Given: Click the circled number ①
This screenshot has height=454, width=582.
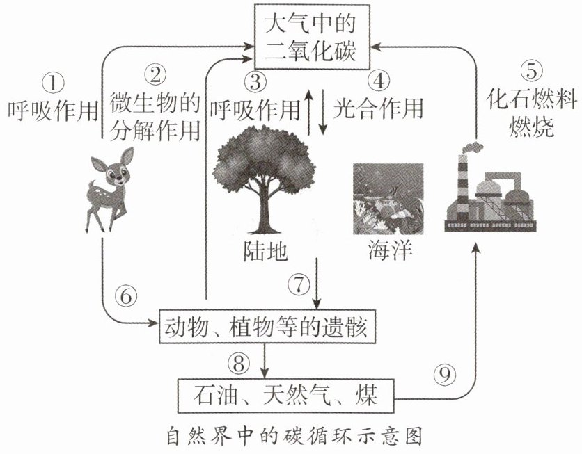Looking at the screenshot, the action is pyautogui.click(x=53, y=82).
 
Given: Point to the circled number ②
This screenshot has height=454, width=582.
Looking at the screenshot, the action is pyautogui.click(x=155, y=74).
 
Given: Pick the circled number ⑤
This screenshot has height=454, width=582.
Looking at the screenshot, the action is pyautogui.click(x=531, y=70).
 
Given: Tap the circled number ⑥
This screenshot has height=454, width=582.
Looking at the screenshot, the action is pyautogui.click(x=126, y=296).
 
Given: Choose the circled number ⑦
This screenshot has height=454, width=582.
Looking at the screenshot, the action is pyautogui.click(x=299, y=284).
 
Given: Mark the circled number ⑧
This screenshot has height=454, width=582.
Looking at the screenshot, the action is pyautogui.click(x=239, y=363).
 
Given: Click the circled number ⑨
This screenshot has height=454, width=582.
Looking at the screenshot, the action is pyautogui.click(x=445, y=374).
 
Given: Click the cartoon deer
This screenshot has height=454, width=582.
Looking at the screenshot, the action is pyautogui.click(x=109, y=189).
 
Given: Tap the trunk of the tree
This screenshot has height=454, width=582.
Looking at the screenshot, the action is pyautogui.click(x=265, y=208).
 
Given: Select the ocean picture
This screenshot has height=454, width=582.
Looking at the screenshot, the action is pyautogui.click(x=388, y=199).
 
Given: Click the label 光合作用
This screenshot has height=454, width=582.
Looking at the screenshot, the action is pyautogui.click(x=378, y=109).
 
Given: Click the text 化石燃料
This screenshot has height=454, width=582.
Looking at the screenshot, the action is pyautogui.click(x=531, y=99).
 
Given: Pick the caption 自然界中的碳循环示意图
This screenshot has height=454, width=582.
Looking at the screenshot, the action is pyautogui.click(x=294, y=436).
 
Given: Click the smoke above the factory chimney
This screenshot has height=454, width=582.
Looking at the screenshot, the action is pyautogui.click(x=472, y=148).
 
